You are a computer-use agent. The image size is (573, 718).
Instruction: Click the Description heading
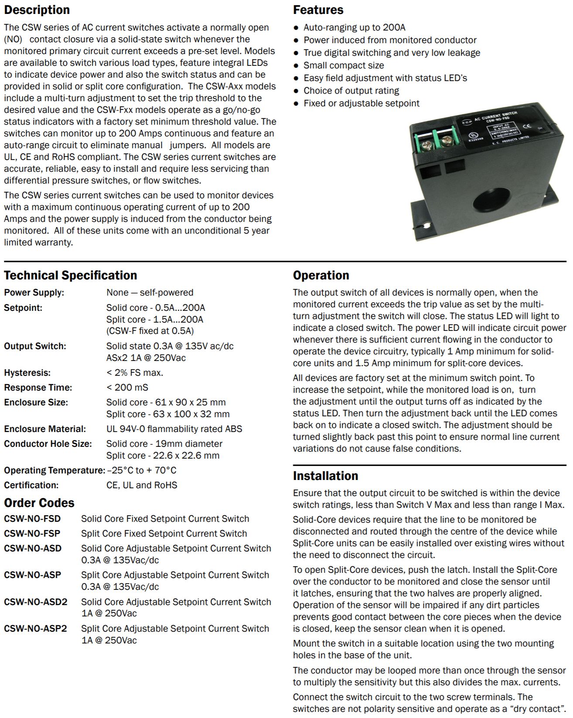coord(37,10)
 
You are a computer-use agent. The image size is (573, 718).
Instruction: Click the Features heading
coord(318,10)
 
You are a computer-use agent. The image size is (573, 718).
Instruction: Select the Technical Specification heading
coord(70,276)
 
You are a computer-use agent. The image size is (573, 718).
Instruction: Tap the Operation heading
coord(321,276)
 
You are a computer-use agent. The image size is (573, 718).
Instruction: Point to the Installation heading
coord(325,476)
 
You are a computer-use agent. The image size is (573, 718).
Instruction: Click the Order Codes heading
coord(39,503)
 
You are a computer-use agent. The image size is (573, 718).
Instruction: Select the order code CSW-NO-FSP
coord(32,534)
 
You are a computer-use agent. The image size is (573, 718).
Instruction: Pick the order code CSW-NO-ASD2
coord(36,602)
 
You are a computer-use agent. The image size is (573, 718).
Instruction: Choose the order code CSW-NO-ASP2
coord(36,629)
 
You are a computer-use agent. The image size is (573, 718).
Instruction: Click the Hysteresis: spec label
coord(27,373)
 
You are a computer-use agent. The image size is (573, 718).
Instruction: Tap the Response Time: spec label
coord(38,388)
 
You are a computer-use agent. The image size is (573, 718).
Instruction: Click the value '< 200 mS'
coord(127,388)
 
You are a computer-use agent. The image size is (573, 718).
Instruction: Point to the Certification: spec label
coord(31,485)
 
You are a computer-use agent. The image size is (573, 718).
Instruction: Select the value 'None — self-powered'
coord(150,293)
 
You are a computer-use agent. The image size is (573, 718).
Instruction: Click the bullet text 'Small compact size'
coord(344,65)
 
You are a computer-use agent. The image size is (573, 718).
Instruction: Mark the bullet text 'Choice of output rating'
coord(351,91)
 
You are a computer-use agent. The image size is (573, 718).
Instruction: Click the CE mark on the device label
coord(527,126)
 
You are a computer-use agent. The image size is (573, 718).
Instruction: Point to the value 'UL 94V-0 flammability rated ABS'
coord(174,429)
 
